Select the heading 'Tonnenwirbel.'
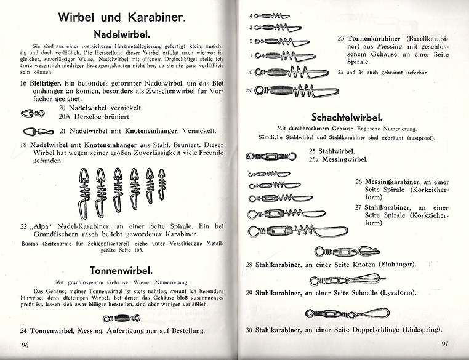(121, 270)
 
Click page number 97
(446, 343)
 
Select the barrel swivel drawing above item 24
(118, 318)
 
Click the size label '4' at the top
(251, 15)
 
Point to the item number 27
(359, 207)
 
